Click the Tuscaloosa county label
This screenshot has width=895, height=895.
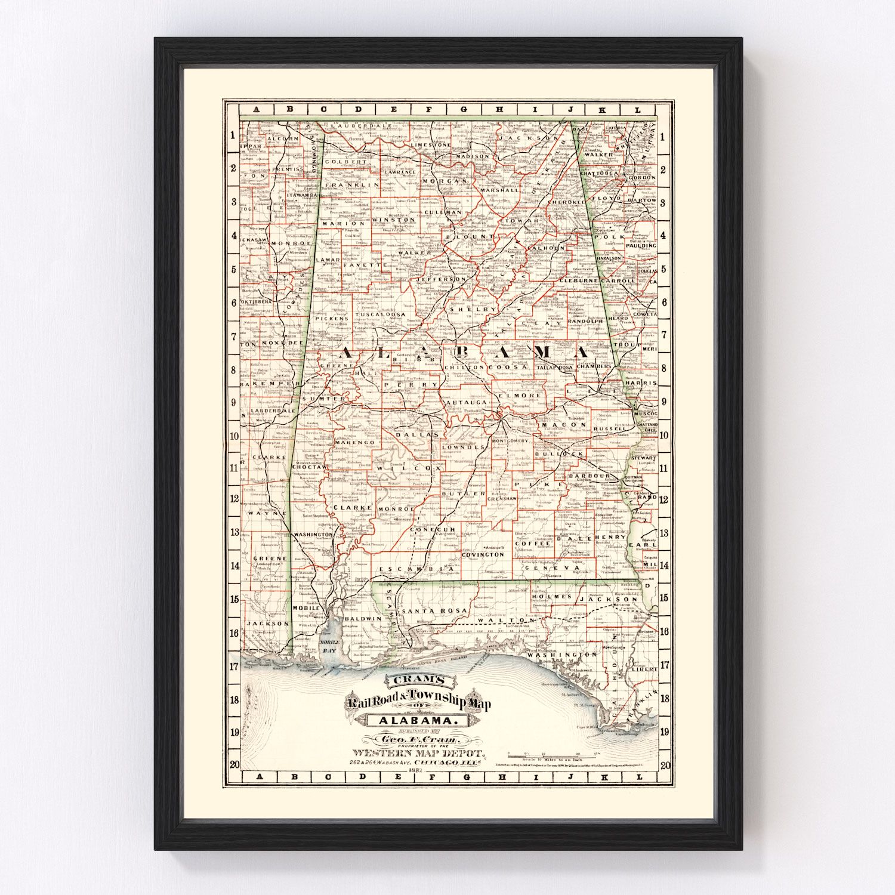(x=381, y=314)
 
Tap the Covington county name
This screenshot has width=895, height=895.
(x=483, y=554)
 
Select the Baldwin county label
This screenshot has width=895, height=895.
(x=362, y=619)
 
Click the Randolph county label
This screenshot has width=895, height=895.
(x=585, y=321)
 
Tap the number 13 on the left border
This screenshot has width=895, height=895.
(x=234, y=532)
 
